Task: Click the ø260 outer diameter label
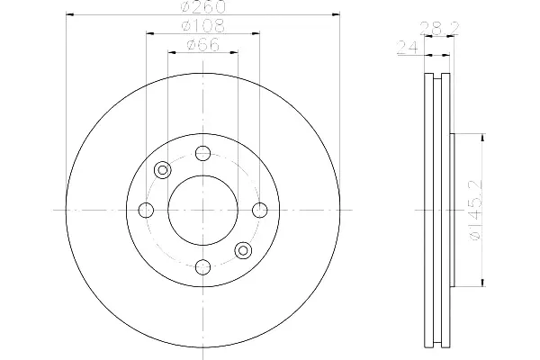point(203,7)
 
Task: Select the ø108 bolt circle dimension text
point(203,26)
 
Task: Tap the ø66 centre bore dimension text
point(202,45)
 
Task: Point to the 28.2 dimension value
point(439,28)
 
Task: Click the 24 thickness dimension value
point(408,48)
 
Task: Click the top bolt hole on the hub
point(202,153)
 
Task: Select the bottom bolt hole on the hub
point(202,267)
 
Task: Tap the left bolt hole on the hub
point(146,210)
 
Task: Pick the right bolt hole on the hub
point(260,210)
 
